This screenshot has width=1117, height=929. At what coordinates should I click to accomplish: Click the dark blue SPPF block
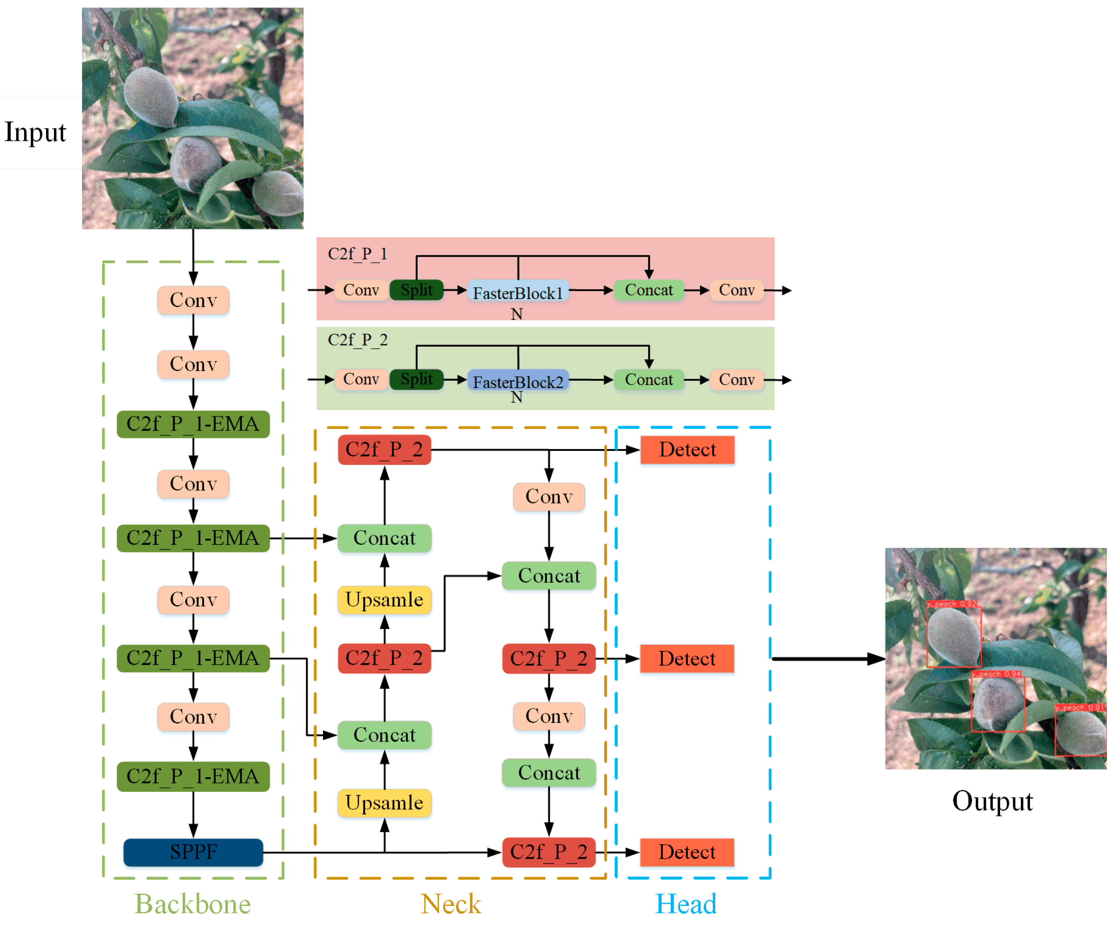point(193,852)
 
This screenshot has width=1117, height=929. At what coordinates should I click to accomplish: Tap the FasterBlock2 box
point(518,381)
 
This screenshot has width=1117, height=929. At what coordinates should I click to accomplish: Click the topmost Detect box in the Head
point(687,450)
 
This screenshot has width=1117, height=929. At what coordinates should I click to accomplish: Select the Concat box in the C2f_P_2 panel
point(648,380)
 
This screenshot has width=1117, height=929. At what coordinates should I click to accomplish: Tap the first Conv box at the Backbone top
point(193,300)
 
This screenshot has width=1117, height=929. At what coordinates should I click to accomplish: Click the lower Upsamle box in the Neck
point(384,802)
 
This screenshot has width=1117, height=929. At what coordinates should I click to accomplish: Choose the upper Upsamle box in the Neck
point(384,600)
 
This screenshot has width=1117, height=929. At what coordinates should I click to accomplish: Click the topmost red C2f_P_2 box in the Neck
point(384,450)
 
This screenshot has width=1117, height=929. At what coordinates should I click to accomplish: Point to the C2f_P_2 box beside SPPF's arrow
point(549,852)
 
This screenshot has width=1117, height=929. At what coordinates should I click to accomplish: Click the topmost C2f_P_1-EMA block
point(193,424)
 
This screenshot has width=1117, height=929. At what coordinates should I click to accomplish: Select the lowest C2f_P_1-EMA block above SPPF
point(193,776)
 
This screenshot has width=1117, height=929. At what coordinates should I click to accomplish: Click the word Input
point(35,132)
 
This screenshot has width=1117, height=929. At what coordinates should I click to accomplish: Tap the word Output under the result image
point(992,801)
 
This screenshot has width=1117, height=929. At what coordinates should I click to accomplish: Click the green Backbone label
point(193,904)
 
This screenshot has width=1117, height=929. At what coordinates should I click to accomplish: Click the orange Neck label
point(451,904)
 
